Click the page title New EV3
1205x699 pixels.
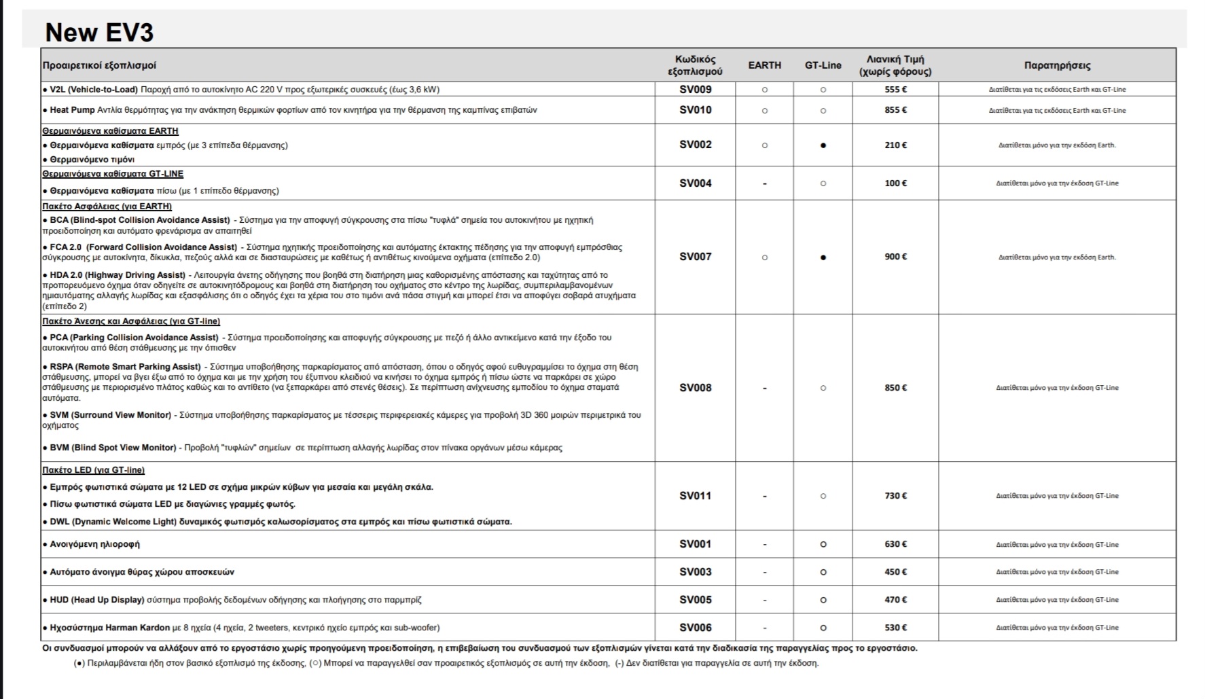click(99, 33)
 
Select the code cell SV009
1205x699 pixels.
click(696, 89)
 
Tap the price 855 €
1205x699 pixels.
click(895, 110)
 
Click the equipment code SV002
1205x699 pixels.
click(696, 145)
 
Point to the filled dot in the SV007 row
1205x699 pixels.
click(823, 257)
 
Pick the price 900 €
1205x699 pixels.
click(895, 257)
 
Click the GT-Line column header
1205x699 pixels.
click(823, 65)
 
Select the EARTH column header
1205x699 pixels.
click(764, 65)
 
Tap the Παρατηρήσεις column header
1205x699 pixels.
click(1057, 65)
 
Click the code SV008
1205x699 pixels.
click(696, 388)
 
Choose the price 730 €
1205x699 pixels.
click(895, 496)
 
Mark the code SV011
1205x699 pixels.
click(696, 496)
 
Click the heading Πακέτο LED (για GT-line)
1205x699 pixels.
click(93, 470)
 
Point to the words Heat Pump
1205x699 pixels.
click(72, 110)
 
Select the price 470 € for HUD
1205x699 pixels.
click(895, 600)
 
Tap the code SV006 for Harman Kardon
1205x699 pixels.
click(696, 628)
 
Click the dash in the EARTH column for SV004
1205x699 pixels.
click(765, 183)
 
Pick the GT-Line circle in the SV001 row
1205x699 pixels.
click(823, 544)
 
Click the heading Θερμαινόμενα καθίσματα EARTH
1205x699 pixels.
click(110, 131)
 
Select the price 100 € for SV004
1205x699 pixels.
click(895, 183)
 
